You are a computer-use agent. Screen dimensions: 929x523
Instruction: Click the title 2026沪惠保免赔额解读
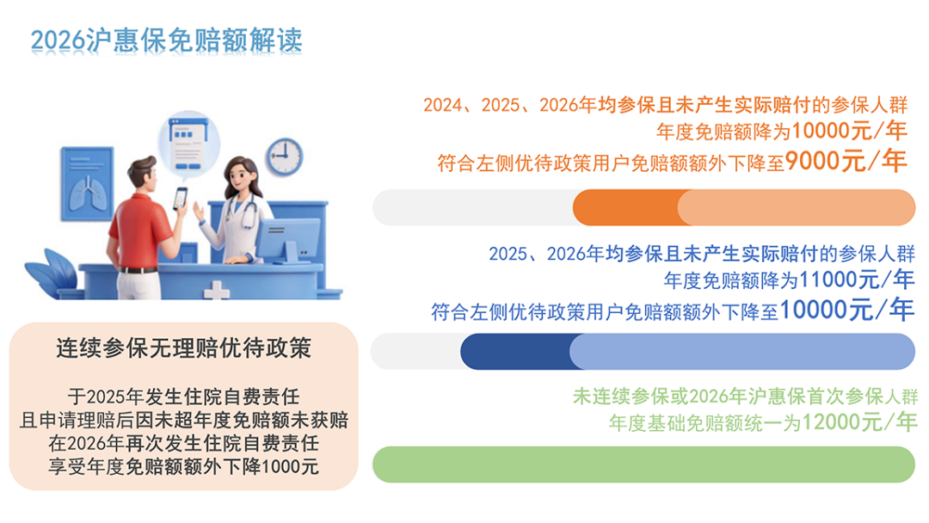click(167, 40)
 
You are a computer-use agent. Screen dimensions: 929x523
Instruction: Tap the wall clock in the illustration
click(284, 157)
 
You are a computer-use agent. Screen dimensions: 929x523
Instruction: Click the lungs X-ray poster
click(87, 183)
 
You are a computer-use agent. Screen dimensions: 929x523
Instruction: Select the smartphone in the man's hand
click(180, 198)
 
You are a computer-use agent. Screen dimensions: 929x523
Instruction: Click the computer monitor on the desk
click(287, 240)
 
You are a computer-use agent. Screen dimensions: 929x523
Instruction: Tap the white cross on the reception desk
click(216, 290)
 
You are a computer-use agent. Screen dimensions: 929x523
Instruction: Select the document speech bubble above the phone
click(189, 143)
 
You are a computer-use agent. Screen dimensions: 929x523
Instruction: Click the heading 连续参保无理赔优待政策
click(184, 348)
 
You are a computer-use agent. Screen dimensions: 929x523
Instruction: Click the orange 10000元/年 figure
click(849, 131)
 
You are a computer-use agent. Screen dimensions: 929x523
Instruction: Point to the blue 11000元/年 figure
click(856, 279)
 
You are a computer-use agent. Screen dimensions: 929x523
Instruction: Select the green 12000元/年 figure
click(859, 421)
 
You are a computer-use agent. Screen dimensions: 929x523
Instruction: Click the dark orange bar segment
click(626, 207)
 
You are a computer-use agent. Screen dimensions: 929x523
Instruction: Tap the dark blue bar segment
click(516, 351)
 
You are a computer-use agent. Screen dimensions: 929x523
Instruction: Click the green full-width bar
click(644, 465)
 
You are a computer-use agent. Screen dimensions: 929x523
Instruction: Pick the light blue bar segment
click(742, 351)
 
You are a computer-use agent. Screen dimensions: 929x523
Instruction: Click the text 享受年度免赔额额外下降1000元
click(184, 466)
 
